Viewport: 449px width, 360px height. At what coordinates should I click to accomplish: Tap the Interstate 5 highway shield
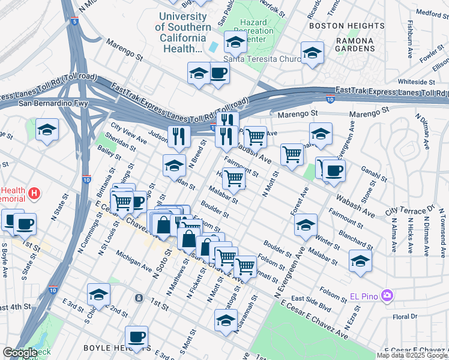click(x=74, y=22)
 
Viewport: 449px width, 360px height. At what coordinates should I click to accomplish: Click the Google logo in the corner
click(x=20, y=353)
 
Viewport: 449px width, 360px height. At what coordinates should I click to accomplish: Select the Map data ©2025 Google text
click(x=412, y=355)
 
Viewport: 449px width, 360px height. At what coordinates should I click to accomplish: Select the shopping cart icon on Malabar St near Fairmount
click(x=233, y=178)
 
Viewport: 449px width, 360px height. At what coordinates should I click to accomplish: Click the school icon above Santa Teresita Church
click(x=235, y=41)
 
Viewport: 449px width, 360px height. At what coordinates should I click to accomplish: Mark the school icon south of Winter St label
click(x=360, y=260)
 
